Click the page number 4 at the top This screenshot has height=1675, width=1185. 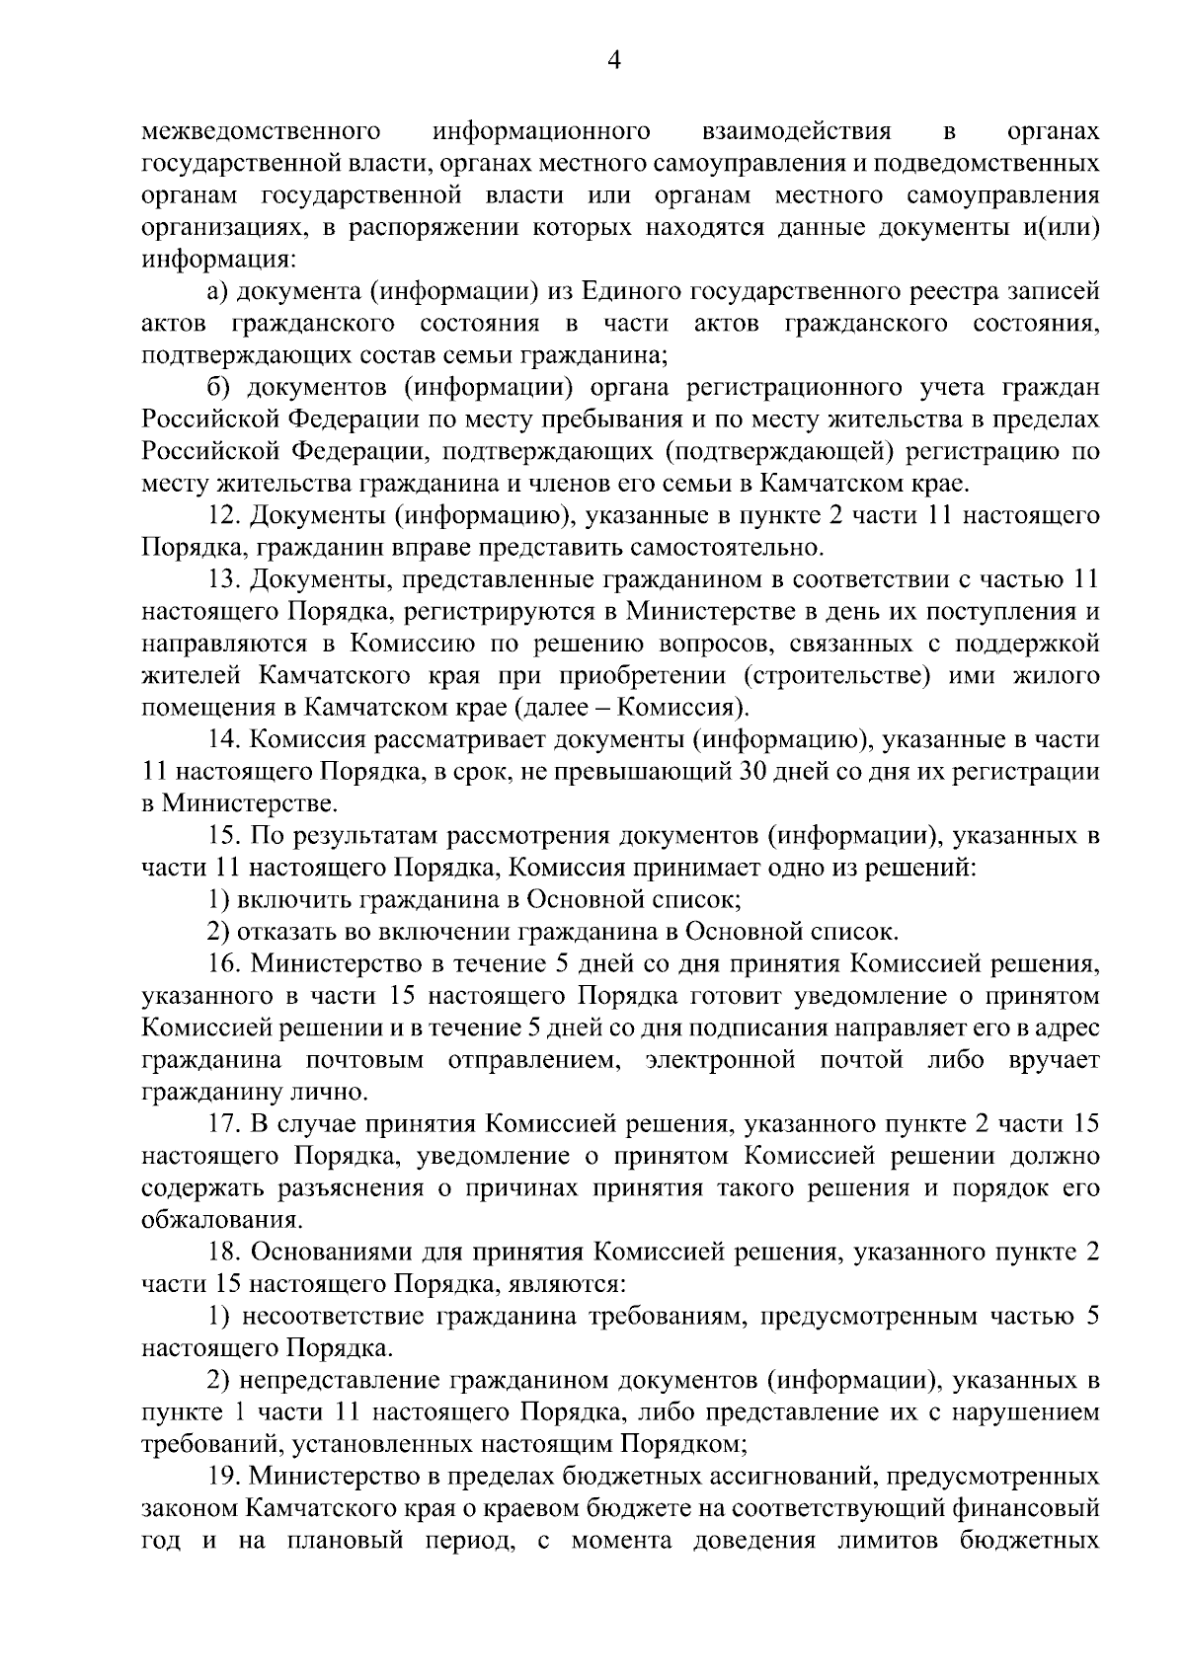pyautogui.click(x=613, y=61)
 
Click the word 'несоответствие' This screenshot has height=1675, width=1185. pyautogui.click(x=333, y=1316)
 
